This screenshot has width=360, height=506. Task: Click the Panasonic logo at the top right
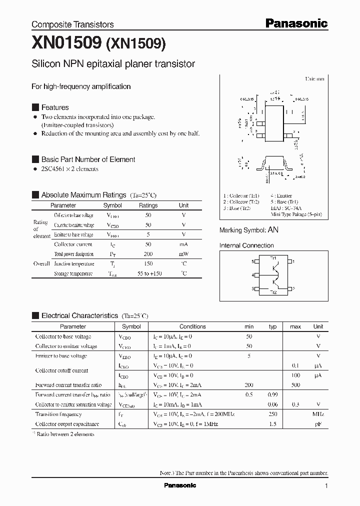pyautogui.click(x=296, y=23)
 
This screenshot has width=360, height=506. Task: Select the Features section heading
pyautogui.click(x=55, y=107)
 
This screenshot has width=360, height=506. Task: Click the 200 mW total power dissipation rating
pyautogui.click(x=148, y=254)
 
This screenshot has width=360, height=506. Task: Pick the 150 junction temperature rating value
pyautogui.click(x=148, y=264)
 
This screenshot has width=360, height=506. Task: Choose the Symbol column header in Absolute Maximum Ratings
pyautogui.click(x=112, y=205)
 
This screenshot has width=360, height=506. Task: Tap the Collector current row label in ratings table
pyautogui.click(x=73, y=244)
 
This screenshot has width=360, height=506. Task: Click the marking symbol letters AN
pyautogui.click(x=273, y=230)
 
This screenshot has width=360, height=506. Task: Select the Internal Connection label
pyautogui.click(x=246, y=245)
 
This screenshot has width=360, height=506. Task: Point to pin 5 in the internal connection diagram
pyautogui.click(x=253, y=261)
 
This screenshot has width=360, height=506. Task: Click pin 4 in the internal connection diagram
pyautogui.click(x=253, y=275)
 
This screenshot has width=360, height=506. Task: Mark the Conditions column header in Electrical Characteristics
pyautogui.click(x=192, y=326)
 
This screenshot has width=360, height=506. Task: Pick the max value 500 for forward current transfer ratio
pyautogui.click(x=295, y=385)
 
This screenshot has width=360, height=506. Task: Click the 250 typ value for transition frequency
pyautogui.click(x=272, y=414)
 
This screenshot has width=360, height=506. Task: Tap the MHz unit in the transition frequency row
pyautogui.click(x=318, y=414)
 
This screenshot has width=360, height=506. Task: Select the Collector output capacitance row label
pyautogui.click(x=67, y=424)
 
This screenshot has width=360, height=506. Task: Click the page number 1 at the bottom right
pyautogui.click(x=326, y=486)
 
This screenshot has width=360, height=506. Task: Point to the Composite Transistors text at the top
pyautogui.click(x=72, y=24)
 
